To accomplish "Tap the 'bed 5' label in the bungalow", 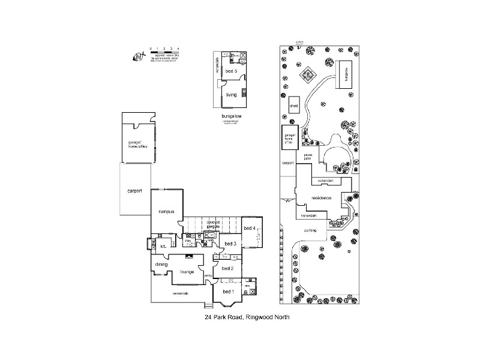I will click(231, 71).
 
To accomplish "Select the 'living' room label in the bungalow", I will click(231, 94).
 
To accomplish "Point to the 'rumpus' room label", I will click(166, 211).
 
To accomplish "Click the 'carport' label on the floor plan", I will click(134, 191).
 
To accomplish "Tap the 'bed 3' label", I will click(230, 243).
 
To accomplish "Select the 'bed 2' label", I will click(227, 268).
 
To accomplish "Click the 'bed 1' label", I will click(228, 291).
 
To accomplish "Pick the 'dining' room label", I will click(161, 264).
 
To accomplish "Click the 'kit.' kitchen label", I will click(163, 246).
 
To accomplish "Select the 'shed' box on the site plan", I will click(295, 105).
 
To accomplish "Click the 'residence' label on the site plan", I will click(322, 197).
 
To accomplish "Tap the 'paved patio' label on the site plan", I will click(308, 157).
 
